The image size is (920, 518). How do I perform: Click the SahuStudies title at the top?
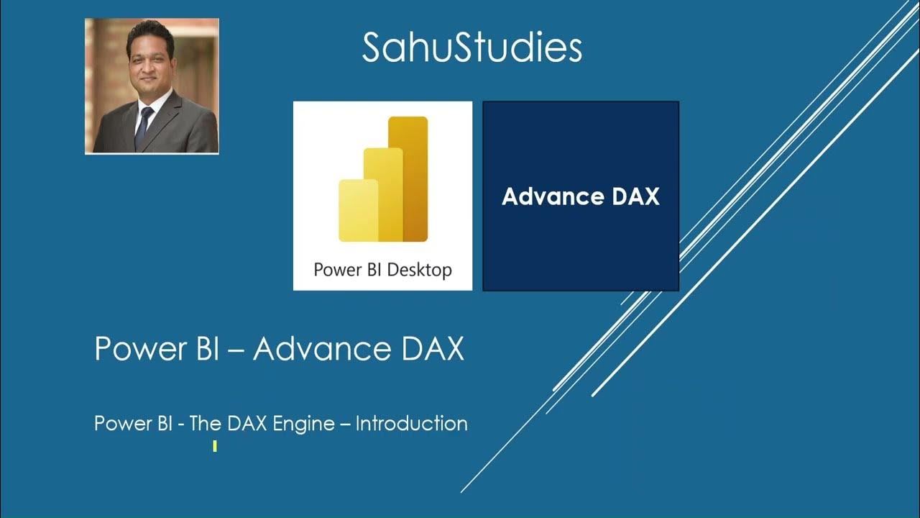[471, 47]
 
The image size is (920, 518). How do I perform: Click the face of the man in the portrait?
[149, 61]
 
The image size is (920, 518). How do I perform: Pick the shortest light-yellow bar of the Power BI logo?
[357, 210]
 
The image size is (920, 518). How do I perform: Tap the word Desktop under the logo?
[419, 271]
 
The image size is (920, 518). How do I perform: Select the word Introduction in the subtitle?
[411, 424]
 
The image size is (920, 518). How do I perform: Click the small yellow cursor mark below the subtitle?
[215, 447]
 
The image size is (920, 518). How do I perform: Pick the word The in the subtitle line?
[205, 424]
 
